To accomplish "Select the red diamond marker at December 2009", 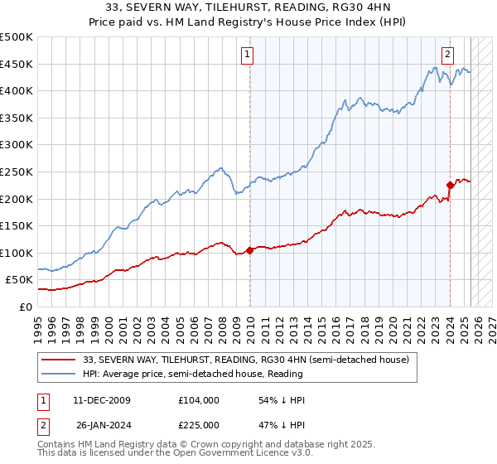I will click(x=249, y=250).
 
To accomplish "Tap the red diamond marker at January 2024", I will click(x=450, y=185).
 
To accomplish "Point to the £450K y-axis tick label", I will click(x=17, y=64).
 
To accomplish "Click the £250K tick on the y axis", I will click(x=17, y=172).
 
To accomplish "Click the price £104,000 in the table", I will click(x=198, y=400).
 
